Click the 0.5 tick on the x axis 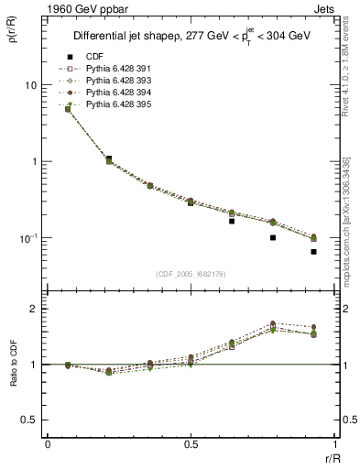[x=191, y=444]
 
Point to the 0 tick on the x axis [x=47, y=444]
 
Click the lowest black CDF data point [x=313, y=251]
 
